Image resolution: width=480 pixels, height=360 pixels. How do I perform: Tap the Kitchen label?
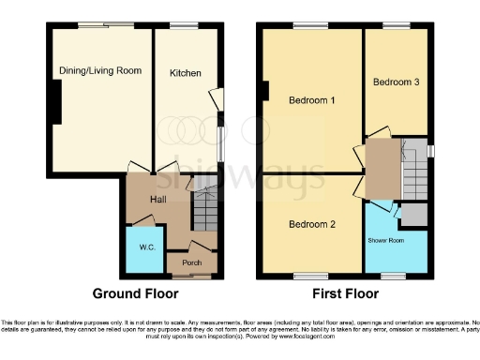pyautogui.click(x=185, y=72)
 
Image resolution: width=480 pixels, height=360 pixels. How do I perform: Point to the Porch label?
pyautogui.click(x=191, y=262)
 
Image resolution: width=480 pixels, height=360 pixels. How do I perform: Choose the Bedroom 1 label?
pyautogui.click(x=311, y=100)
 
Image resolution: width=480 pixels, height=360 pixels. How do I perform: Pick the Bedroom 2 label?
pyautogui.click(x=311, y=225)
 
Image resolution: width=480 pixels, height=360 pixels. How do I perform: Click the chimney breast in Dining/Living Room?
pyautogui.click(x=57, y=101)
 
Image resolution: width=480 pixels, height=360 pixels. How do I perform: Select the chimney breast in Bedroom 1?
pyautogui.click(x=266, y=91)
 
